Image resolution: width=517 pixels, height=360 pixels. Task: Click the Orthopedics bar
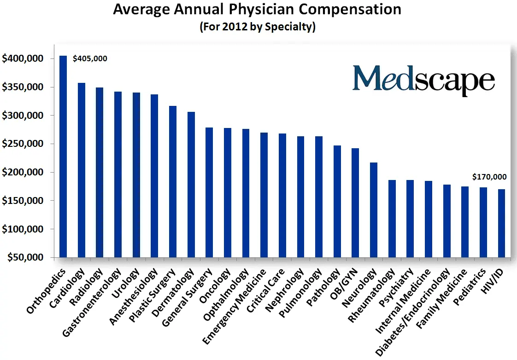[63, 157]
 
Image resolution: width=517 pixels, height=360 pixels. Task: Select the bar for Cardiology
[82, 170]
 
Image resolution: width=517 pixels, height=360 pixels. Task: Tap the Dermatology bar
[191, 185]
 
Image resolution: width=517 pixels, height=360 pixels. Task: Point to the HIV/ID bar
[501, 223]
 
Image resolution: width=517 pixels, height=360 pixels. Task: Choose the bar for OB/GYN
[355, 203]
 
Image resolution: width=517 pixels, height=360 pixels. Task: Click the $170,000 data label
[489, 177]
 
